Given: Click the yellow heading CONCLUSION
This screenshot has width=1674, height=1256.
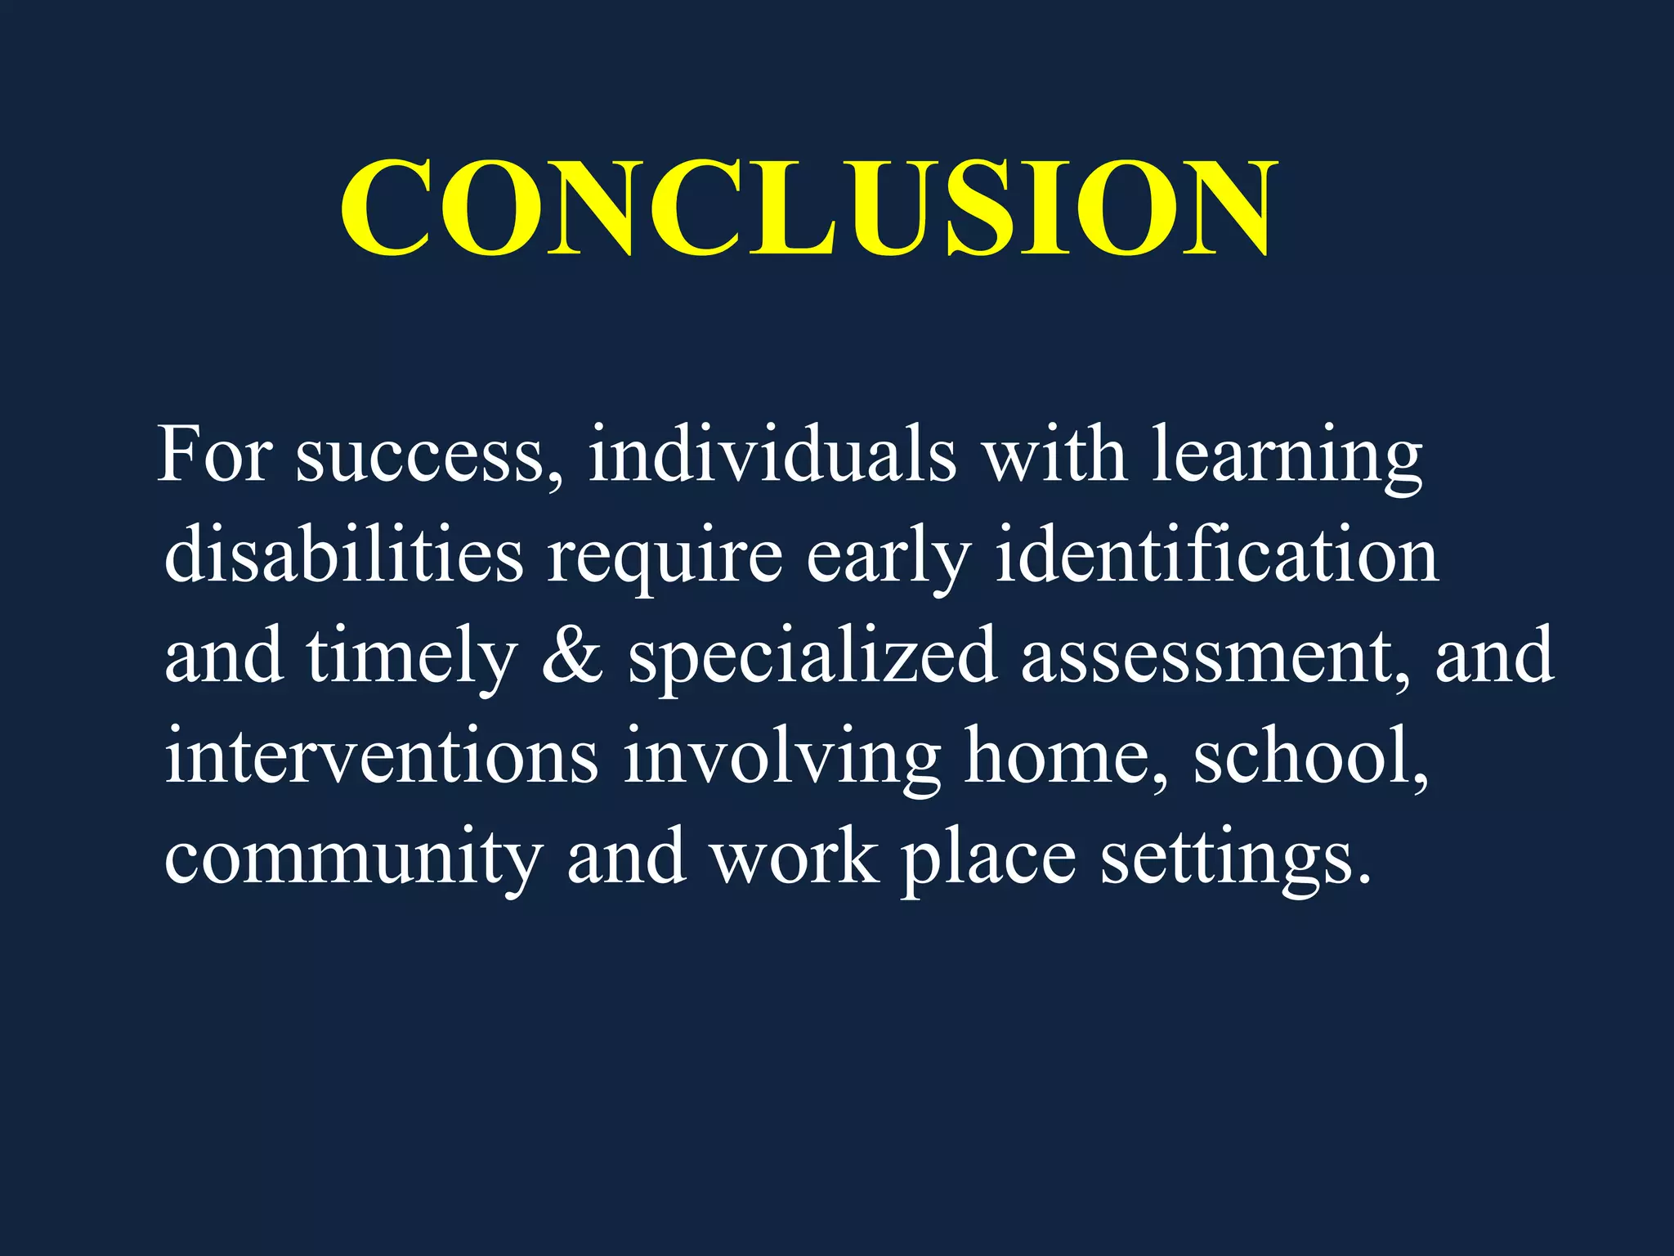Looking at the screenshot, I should (x=808, y=209).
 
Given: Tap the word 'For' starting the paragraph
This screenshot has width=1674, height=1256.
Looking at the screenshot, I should (x=214, y=455).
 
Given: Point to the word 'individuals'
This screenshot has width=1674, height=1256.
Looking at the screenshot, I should (x=772, y=455).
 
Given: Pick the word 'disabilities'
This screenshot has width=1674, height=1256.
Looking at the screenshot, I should (x=343, y=556).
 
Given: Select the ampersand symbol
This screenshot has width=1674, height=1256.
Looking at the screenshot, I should (x=572, y=657).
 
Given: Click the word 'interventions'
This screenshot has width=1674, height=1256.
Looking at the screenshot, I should (x=382, y=756).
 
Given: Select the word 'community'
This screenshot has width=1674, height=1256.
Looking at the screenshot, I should (x=353, y=859).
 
